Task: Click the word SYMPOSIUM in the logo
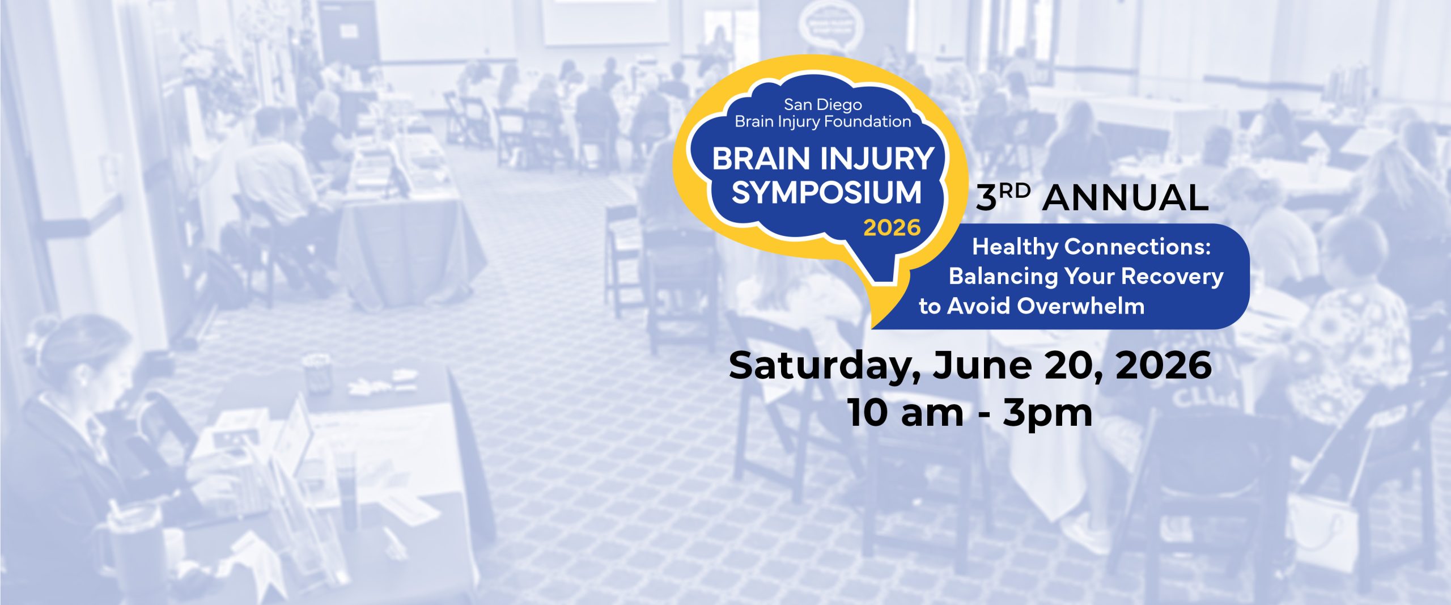pos(826,193)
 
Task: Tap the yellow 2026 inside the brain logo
pos(892,228)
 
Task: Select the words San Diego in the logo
pos(822,105)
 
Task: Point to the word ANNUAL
pos(1125,198)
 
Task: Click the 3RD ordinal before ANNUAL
pos(1003,197)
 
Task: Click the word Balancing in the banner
pos(1003,276)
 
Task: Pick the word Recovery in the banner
pos(1172,276)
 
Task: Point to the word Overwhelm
pos(1081,306)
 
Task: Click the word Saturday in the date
pos(822,366)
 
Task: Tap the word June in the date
pos(982,366)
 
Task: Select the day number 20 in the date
pos(1072,366)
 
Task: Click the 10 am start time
pos(905,413)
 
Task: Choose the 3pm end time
pos(1047,414)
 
